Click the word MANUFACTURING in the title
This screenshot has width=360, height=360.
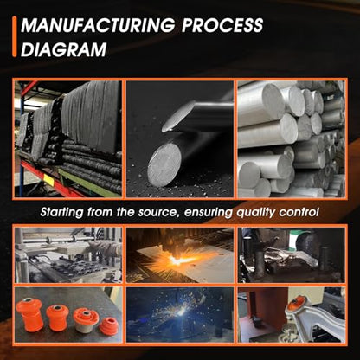(x=98, y=25)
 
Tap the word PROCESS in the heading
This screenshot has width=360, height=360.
(x=222, y=25)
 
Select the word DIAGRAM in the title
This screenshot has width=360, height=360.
(x=64, y=49)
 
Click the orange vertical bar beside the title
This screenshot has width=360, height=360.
(x=15, y=36)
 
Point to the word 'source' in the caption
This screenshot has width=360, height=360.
(x=157, y=212)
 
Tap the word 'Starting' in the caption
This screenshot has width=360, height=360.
(x=61, y=213)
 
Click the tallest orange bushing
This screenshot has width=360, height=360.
(x=29, y=314)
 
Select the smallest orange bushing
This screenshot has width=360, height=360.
(x=108, y=325)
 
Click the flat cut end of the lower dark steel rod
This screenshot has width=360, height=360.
(x=164, y=164)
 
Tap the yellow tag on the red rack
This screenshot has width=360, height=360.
(x=48, y=180)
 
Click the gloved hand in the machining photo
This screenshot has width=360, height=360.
(x=105, y=247)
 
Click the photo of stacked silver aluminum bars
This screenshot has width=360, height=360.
(x=291, y=139)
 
